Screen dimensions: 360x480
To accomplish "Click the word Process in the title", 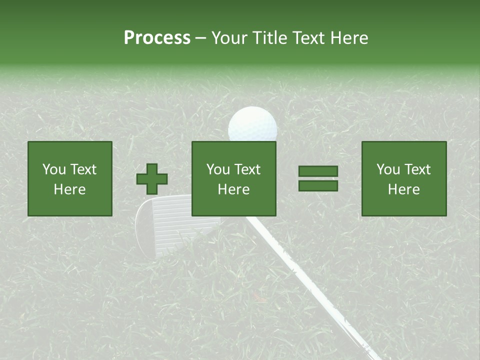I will (x=157, y=38).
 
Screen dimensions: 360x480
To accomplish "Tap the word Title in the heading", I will (x=270, y=38).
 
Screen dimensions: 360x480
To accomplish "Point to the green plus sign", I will (x=152, y=179).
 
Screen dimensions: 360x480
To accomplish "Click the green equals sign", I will (x=318, y=178).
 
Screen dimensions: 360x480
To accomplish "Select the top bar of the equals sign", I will (x=318, y=171).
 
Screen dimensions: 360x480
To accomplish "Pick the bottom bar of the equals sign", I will (x=318, y=185).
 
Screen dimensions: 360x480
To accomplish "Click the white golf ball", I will (x=252, y=125).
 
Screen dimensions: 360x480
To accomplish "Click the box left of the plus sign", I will (x=70, y=178).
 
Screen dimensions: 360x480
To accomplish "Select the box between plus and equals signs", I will (x=234, y=178).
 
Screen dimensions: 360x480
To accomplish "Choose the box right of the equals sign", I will (x=404, y=178).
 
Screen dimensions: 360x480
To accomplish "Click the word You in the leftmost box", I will (x=53, y=169).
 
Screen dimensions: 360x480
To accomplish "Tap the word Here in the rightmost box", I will (x=404, y=189).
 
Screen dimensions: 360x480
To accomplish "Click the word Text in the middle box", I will (x=248, y=169).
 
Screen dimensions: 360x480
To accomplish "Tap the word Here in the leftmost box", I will (x=70, y=189).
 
